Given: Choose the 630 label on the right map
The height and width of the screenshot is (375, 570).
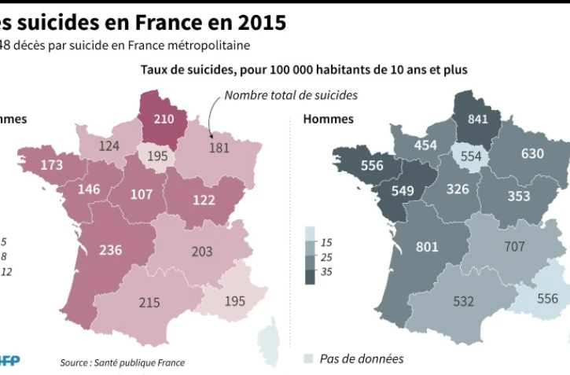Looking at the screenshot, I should [x=532, y=153].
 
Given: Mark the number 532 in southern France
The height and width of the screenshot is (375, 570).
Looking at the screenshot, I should [x=462, y=300].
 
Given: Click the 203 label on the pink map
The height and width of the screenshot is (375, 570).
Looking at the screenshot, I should [x=202, y=252].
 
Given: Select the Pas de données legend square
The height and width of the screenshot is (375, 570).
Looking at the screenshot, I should [x=310, y=359].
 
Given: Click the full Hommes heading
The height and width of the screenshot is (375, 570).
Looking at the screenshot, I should [x=328, y=119].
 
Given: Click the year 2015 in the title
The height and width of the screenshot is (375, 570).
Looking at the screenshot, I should [x=256, y=22].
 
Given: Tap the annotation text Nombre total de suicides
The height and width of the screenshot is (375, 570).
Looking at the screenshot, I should [x=291, y=95].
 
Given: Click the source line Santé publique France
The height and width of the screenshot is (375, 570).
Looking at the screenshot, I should [x=122, y=362].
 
